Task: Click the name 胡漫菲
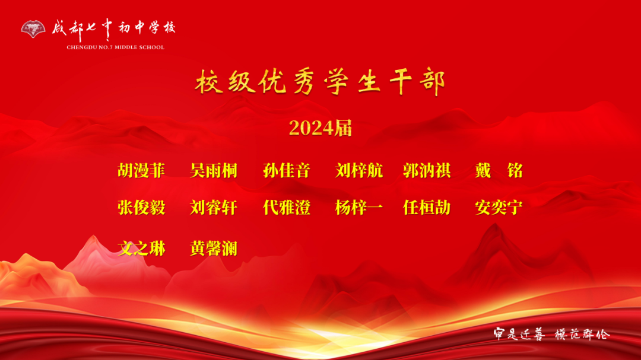[141, 171]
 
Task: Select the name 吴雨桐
[214, 171]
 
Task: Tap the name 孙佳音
[287, 171]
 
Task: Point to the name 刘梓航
[359, 171]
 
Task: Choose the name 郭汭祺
[427, 171]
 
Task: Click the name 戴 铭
[499, 171]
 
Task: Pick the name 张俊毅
[141, 208]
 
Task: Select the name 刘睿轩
[214, 208]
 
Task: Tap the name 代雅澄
[287, 208]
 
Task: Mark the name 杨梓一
[359, 208]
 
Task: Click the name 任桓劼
[427, 208]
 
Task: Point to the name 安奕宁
[499, 208]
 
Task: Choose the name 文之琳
[141, 248]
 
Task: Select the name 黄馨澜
[214, 248]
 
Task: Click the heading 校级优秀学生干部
[320, 84]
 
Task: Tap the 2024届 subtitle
[320, 128]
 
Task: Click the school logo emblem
[33, 28]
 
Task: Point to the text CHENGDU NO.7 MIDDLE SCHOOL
[115, 47]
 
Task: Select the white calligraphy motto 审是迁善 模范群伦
[551, 334]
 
